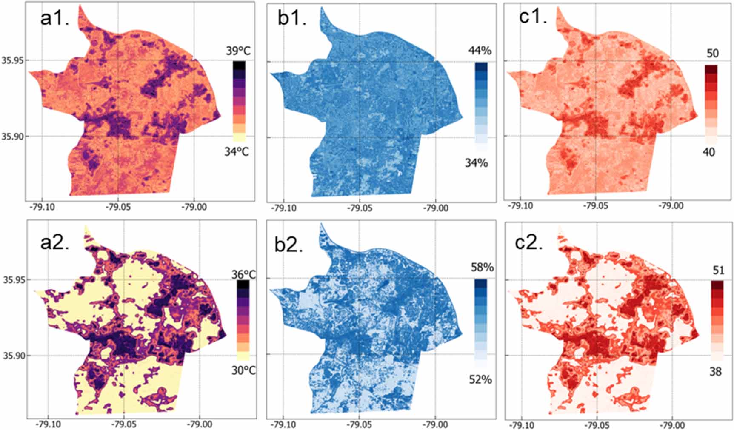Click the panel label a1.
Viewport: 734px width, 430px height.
(x=54, y=19)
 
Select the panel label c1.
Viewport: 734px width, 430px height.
(x=533, y=18)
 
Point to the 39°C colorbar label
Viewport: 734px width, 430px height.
(x=238, y=51)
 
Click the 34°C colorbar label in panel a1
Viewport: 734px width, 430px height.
(x=237, y=151)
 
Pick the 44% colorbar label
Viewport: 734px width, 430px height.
(x=480, y=51)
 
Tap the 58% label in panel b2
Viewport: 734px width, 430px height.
(x=482, y=268)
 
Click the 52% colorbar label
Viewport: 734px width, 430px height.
(x=480, y=379)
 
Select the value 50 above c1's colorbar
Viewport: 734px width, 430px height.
(x=712, y=54)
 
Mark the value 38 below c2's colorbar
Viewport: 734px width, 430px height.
(x=716, y=372)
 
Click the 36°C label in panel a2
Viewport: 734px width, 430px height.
(x=244, y=275)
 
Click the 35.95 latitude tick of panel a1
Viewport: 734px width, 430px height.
(x=13, y=60)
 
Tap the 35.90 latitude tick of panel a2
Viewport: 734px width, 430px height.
(x=13, y=356)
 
